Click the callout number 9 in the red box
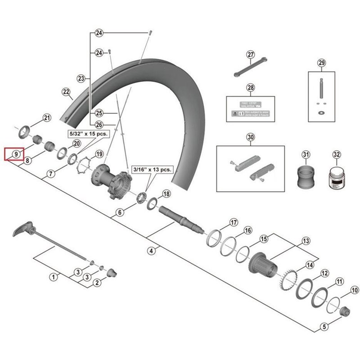click(x=16, y=154)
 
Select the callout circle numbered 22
click(x=67, y=93)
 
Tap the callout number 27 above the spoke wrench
click(x=251, y=55)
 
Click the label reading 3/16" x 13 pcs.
click(x=152, y=170)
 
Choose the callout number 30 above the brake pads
click(x=250, y=137)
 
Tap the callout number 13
click(x=306, y=241)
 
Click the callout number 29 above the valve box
click(x=321, y=63)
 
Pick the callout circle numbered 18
click(x=166, y=194)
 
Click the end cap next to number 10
click(x=346, y=310)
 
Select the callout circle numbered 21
click(x=47, y=118)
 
